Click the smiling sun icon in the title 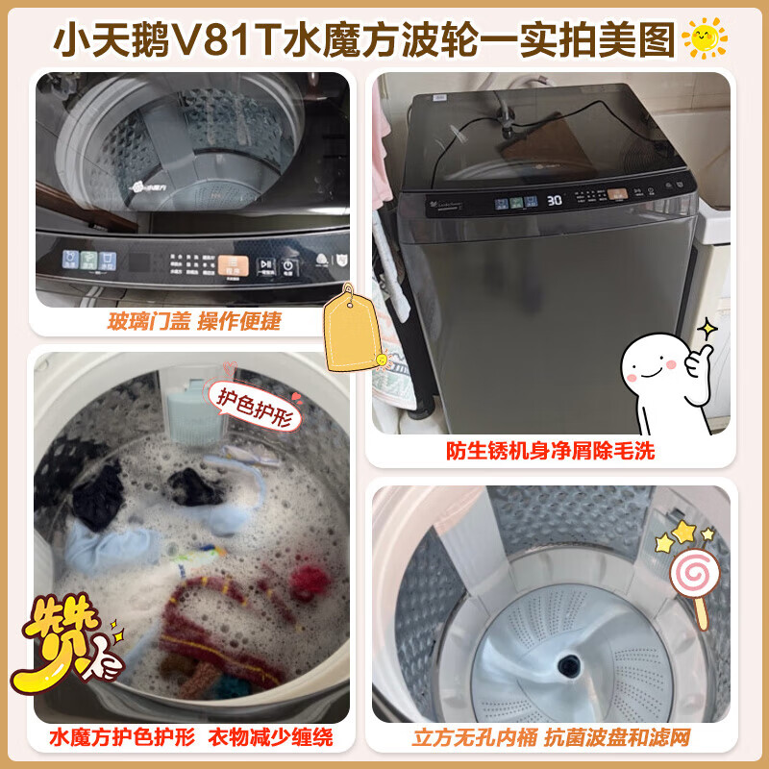coord(704,38)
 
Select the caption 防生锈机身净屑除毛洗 coord(551,449)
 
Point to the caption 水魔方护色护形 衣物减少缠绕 coord(191,738)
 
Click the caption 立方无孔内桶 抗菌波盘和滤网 coord(551,738)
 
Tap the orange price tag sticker coord(350,329)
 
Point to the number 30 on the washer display coord(554,201)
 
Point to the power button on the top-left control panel coord(289,264)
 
